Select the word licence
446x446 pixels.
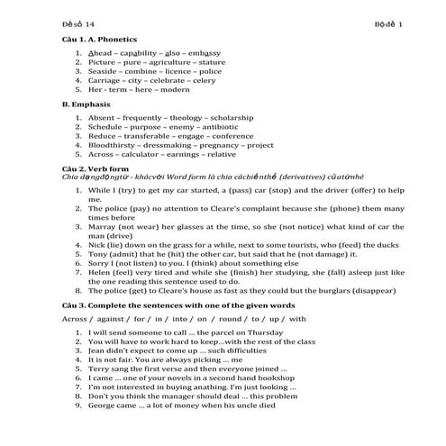tap(181, 71)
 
